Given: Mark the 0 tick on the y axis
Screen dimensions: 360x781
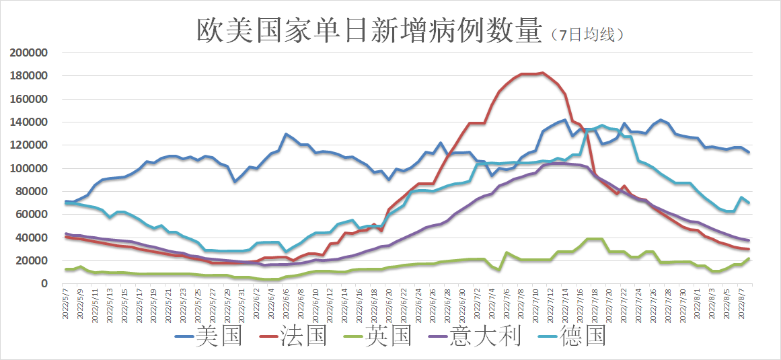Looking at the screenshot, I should click(43, 284).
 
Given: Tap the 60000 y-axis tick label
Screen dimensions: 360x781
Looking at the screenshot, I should click(32, 215).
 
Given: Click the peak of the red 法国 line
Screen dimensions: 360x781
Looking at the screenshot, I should click(543, 73).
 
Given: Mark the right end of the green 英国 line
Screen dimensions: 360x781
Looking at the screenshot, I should click(749, 259).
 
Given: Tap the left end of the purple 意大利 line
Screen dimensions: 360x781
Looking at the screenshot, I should click(66, 234).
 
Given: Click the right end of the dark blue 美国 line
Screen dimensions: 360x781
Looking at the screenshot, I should click(749, 152).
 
